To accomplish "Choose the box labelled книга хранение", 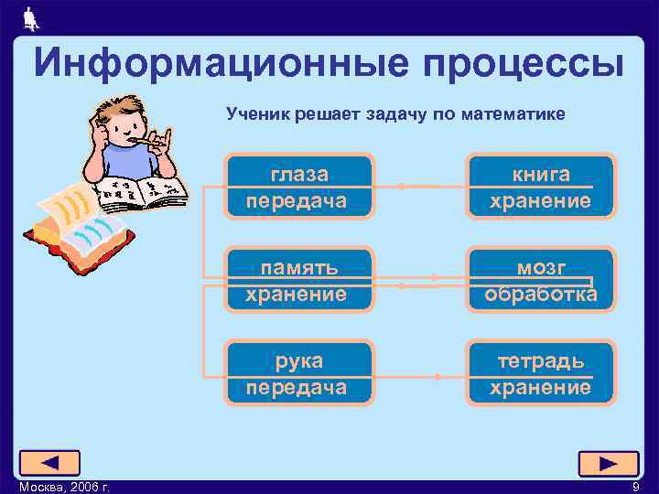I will pos(540,187).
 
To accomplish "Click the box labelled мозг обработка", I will pos(540,280).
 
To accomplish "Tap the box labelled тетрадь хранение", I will pos(540,373).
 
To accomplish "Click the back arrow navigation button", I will pos(49,463).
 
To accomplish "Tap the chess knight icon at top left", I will pos(29,17).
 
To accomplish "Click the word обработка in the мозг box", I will pos(540,294).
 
